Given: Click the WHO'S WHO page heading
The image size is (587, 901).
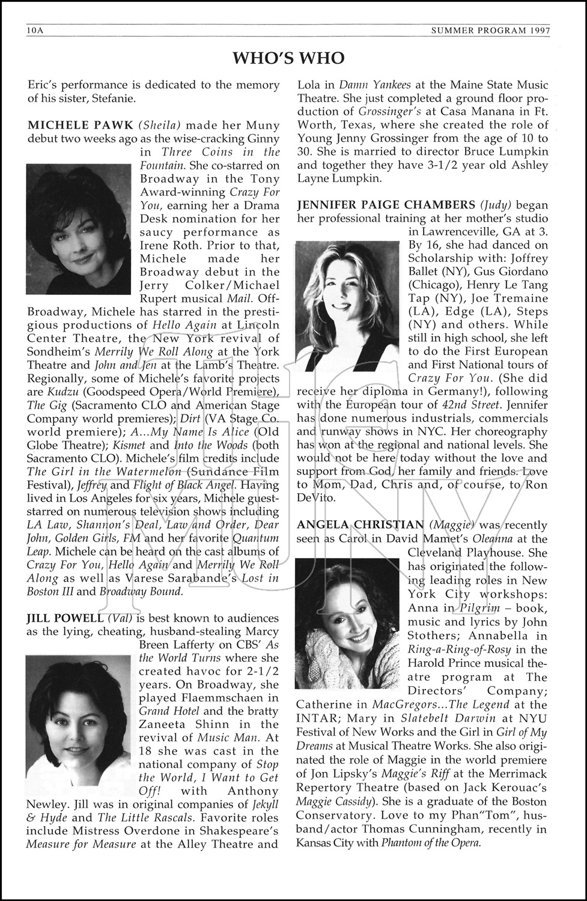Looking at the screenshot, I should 288,58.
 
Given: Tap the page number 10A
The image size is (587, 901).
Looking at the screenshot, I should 35,30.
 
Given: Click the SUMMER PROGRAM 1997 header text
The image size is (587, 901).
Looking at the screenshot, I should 503,30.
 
